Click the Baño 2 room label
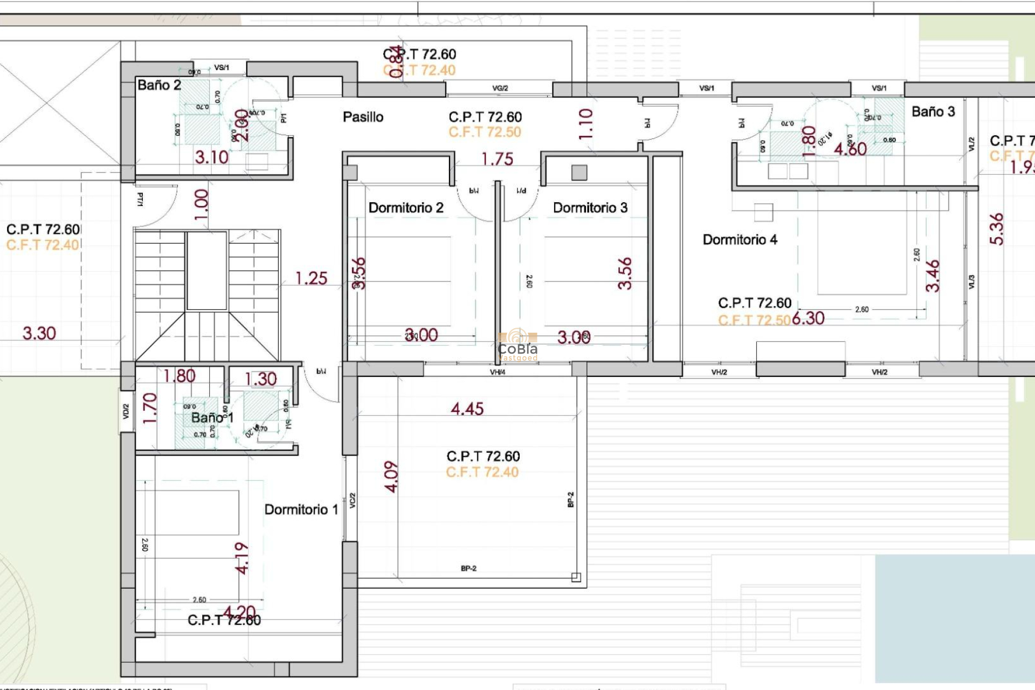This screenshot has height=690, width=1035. pyautogui.click(x=159, y=85)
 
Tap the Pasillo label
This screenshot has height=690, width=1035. pyautogui.click(x=363, y=117)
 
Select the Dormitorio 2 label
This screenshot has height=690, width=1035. pyautogui.click(x=405, y=208)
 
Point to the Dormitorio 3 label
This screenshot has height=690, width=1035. pyautogui.click(x=590, y=208)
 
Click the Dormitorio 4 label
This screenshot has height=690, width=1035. pyautogui.click(x=740, y=240)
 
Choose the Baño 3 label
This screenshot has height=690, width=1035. pyautogui.click(x=933, y=112)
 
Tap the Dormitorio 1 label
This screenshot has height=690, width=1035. pyautogui.click(x=301, y=510)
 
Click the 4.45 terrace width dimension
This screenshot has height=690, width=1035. pyautogui.click(x=467, y=409)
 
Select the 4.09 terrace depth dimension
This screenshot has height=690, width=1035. pyautogui.click(x=391, y=477)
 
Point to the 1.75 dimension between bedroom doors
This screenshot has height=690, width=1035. pyautogui.click(x=497, y=160)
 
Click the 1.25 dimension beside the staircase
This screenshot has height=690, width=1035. pyautogui.click(x=311, y=279)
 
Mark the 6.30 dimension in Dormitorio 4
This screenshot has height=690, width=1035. pyautogui.click(x=808, y=319)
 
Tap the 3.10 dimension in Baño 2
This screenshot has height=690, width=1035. pyautogui.click(x=212, y=157)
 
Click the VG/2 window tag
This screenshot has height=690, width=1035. pyautogui.click(x=500, y=88)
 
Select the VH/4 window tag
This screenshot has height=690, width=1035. pyautogui.click(x=497, y=372)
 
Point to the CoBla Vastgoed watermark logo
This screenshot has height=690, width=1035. pyautogui.click(x=517, y=345)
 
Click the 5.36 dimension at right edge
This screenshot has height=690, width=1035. pyautogui.click(x=997, y=229)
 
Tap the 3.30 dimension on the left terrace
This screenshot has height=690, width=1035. pyautogui.click(x=39, y=334)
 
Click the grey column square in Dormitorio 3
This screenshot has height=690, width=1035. pyautogui.click(x=579, y=173)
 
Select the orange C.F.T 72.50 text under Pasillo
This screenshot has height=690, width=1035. pyautogui.click(x=485, y=133)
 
